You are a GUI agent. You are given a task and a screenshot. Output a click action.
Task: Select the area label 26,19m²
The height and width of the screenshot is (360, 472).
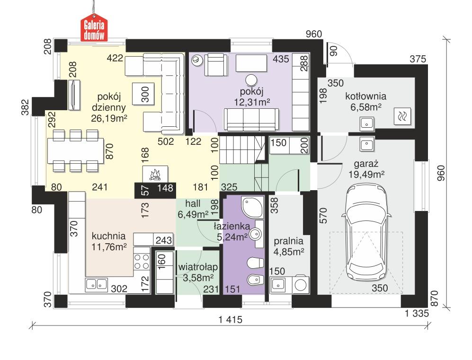point(109,118)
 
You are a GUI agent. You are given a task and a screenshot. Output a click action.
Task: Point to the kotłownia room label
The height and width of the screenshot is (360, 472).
point(366,97)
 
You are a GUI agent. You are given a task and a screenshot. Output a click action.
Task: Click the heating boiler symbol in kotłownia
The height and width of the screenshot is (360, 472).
point(403,115)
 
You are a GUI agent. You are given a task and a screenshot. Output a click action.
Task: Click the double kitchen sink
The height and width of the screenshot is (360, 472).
point(96,284)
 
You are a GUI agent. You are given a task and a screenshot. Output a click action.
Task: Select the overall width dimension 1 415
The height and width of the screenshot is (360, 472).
point(231,320)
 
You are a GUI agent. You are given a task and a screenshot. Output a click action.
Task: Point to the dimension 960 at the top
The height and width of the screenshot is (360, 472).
point(313,34)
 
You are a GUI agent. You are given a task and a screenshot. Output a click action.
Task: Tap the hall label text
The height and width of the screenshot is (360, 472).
point(193,204)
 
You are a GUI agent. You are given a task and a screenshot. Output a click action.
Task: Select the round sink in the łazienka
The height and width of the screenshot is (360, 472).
point(255,233)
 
